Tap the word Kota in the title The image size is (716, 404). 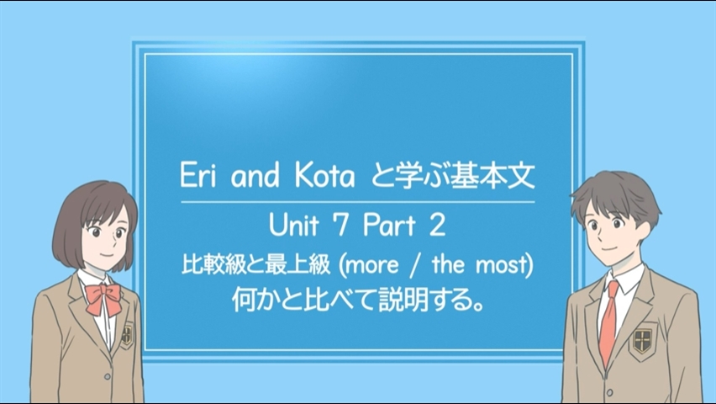point(324,175)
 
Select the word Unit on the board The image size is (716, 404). point(293,225)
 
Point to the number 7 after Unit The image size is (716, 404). point(341,226)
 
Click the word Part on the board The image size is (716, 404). point(389,225)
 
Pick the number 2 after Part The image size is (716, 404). point(437,226)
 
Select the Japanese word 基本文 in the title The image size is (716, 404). point(492,175)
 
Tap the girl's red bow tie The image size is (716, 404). point(103,298)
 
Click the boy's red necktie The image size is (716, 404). point(608,322)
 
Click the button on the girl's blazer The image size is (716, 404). point(108,376)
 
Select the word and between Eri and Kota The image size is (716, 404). point(255,176)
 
